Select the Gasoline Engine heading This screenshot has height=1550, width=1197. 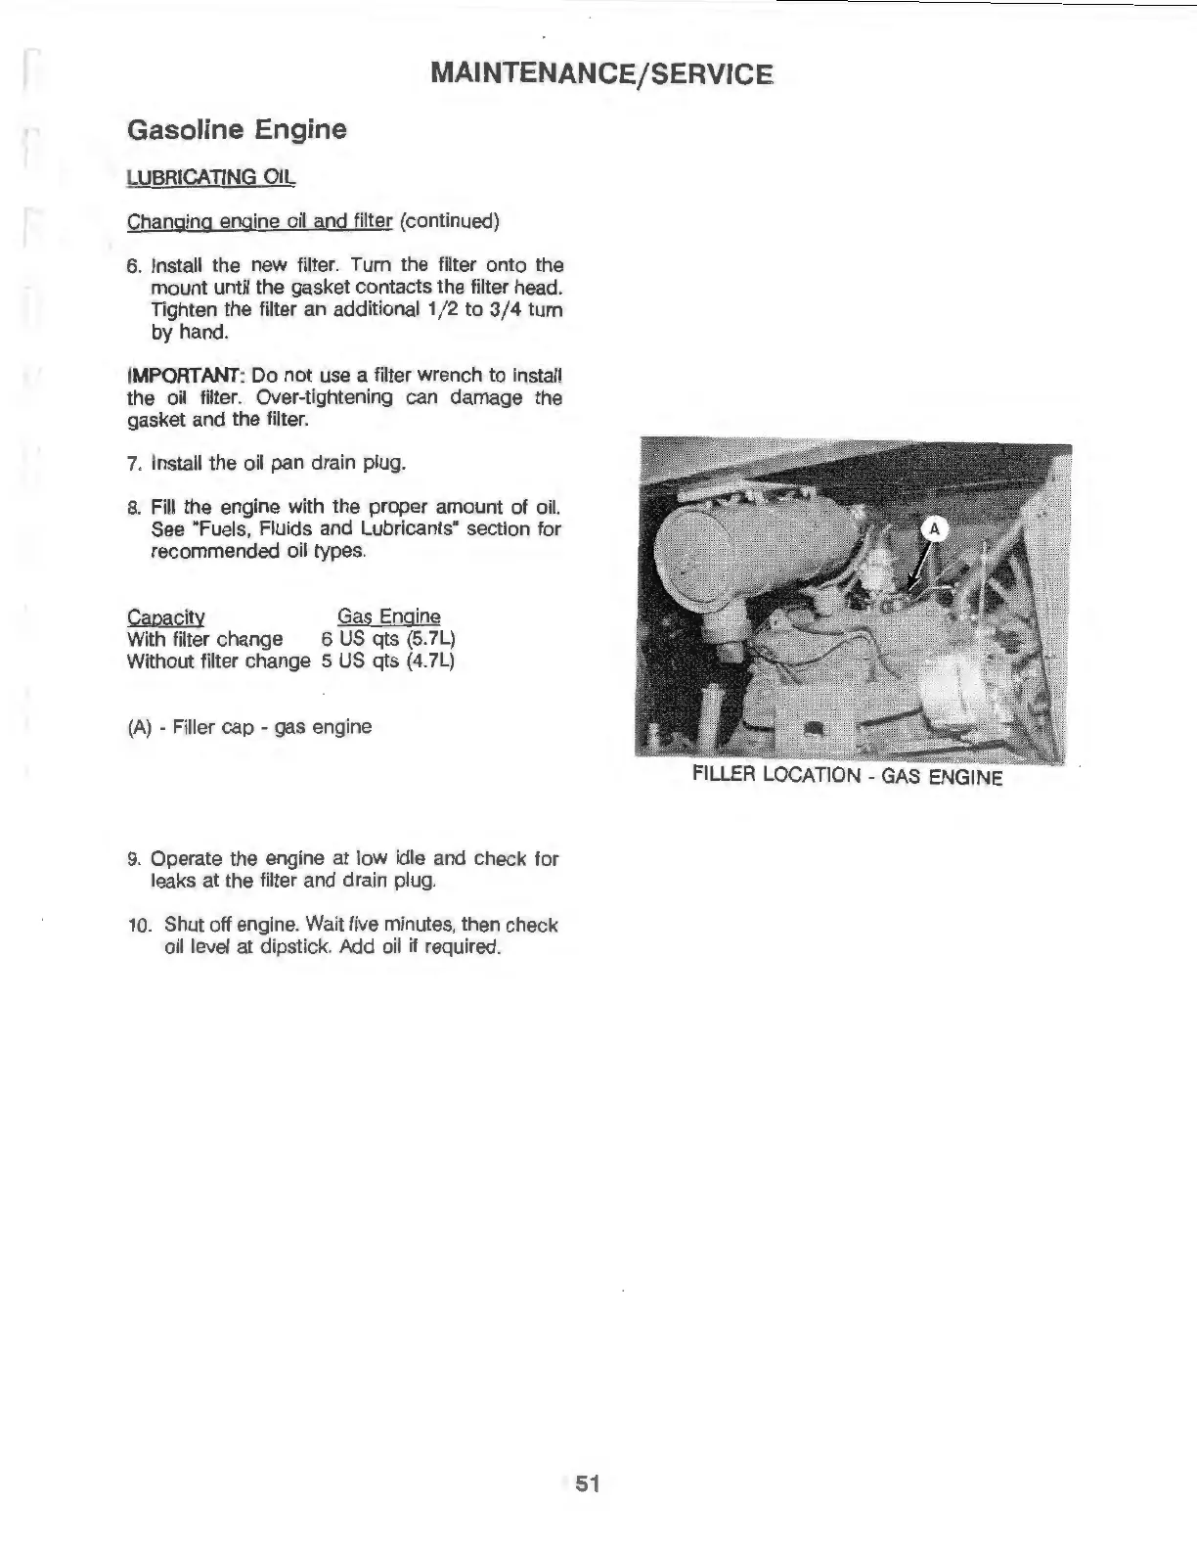tap(237, 129)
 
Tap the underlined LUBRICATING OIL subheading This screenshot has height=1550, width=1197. tap(209, 177)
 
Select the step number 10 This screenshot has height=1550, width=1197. tap(137, 925)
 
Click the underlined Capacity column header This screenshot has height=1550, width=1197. tap(165, 617)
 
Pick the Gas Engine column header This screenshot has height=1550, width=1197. tap(388, 616)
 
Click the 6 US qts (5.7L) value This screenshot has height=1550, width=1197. tap(388, 639)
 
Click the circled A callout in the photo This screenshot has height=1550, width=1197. tap(934, 529)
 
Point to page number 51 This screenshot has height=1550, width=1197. tap(587, 1483)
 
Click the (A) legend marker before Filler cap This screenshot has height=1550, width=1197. tap(139, 727)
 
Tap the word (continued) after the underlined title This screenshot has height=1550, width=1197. tap(449, 221)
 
